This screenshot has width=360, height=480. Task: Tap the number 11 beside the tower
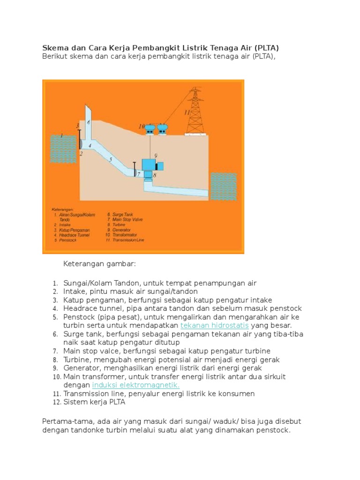point(187,113)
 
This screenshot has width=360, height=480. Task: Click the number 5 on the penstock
point(111,160)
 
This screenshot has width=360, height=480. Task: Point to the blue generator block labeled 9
point(152,165)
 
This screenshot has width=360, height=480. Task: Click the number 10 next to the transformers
point(142,127)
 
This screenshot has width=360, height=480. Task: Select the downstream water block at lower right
point(223,186)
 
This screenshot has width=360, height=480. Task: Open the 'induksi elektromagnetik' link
point(136,385)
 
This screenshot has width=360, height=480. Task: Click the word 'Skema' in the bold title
point(56,48)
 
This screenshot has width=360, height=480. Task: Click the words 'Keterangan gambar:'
point(99,264)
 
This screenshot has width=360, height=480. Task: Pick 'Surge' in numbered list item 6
point(74,334)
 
